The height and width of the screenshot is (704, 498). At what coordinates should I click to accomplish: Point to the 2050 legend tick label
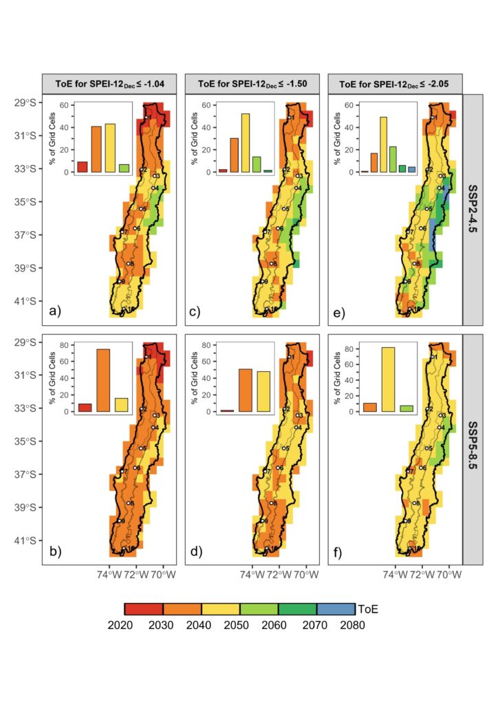click(239, 625)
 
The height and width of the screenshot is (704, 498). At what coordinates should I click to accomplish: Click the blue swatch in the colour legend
click(335, 609)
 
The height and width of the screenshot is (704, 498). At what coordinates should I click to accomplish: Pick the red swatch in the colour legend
click(144, 609)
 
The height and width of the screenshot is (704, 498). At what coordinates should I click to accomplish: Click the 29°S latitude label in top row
click(25, 103)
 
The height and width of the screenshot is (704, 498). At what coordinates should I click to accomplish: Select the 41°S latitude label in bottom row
click(25, 541)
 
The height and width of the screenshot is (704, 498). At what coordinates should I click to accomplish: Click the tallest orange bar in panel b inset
click(103, 380)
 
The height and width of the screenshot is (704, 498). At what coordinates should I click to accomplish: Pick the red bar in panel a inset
click(83, 167)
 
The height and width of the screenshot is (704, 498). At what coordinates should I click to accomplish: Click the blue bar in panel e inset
click(411, 169)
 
